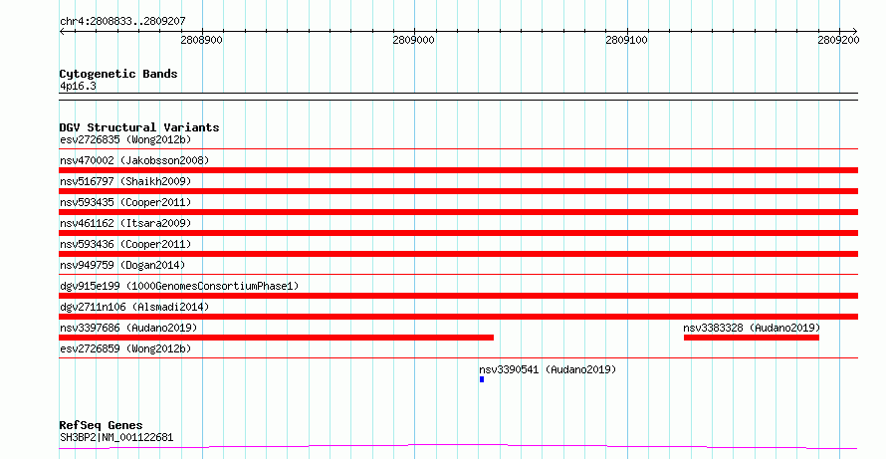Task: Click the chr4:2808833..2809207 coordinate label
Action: [x=122, y=22]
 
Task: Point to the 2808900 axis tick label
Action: [x=202, y=40]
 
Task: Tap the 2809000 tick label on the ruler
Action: [x=413, y=40]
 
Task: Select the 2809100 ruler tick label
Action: [x=626, y=40]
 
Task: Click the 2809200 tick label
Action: [x=838, y=40]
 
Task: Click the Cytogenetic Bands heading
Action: [x=118, y=74]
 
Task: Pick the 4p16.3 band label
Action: [x=78, y=87]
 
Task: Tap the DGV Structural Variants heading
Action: [x=139, y=127]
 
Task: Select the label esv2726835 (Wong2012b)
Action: [x=125, y=139]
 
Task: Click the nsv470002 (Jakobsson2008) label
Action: [x=134, y=160]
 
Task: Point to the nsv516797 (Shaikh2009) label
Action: [x=125, y=181]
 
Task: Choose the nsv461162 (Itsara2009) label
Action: [x=125, y=223]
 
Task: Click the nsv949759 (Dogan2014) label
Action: [x=122, y=265]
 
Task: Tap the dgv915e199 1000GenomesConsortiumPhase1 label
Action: [x=179, y=286]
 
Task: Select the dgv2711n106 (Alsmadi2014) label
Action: [x=134, y=307]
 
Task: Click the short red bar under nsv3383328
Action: [x=751, y=338]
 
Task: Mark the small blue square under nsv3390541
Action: [x=482, y=379]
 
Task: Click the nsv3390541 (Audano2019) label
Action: [x=548, y=369]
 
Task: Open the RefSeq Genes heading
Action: [x=101, y=426]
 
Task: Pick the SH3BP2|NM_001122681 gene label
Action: [x=116, y=437]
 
